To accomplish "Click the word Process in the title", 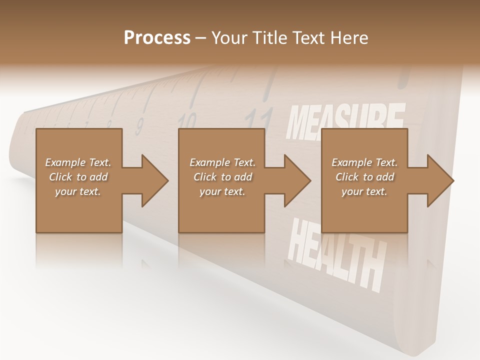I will (157, 38).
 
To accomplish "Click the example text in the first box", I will (78, 177).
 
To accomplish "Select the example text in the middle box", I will (222, 177).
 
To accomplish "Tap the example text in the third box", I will (364, 177).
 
